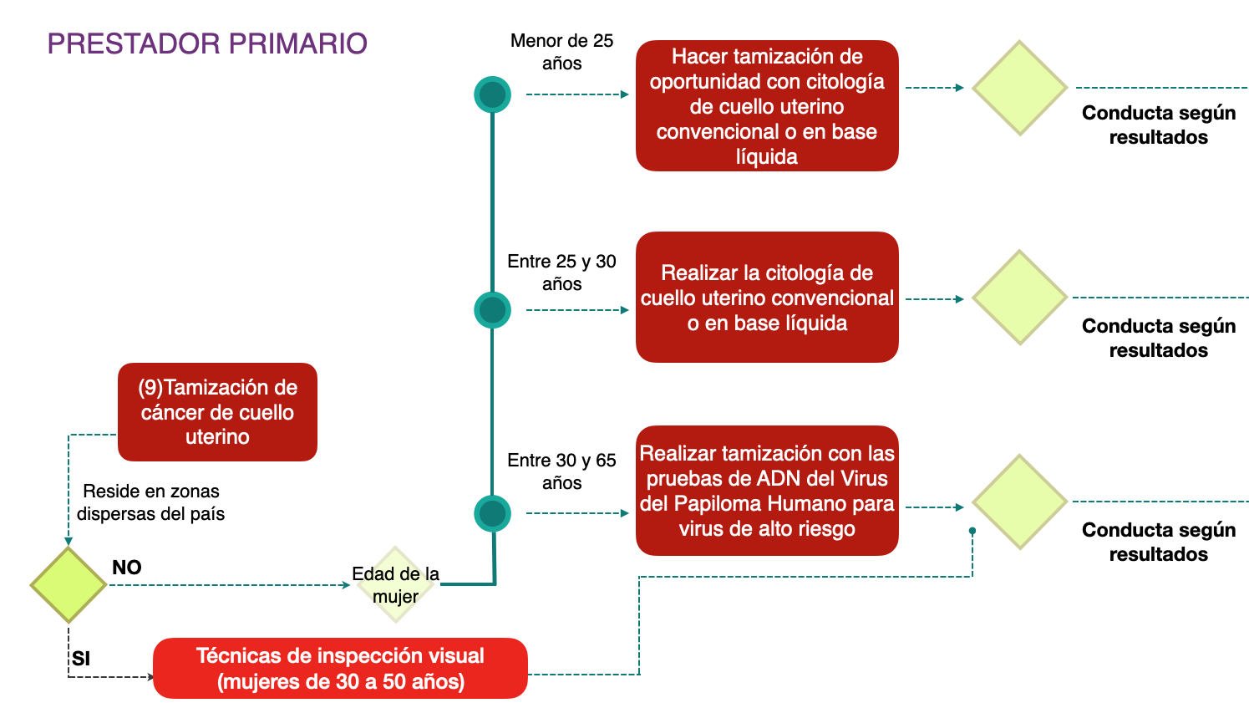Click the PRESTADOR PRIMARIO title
(207, 43)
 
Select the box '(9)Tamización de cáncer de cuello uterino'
(217, 411)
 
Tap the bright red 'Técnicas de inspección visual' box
(340, 668)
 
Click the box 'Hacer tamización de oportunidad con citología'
(767, 106)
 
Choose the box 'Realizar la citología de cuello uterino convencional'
(767, 298)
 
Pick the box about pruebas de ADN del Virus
(767, 491)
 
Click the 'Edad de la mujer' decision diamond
(396, 584)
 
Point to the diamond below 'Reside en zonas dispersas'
(69, 585)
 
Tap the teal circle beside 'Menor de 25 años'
(493, 94)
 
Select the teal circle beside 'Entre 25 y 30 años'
(493, 310)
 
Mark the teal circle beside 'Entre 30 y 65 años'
(493, 513)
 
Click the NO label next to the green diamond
(127, 568)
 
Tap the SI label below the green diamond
(81, 659)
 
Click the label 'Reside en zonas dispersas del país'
(151, 502)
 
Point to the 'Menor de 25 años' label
(561, 52)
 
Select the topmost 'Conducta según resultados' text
(1158, 125)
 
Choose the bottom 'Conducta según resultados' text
(1158, 542)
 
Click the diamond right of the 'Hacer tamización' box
(1019, 88)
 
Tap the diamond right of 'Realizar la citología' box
(1019, 298)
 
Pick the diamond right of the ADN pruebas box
(1019, 502)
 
